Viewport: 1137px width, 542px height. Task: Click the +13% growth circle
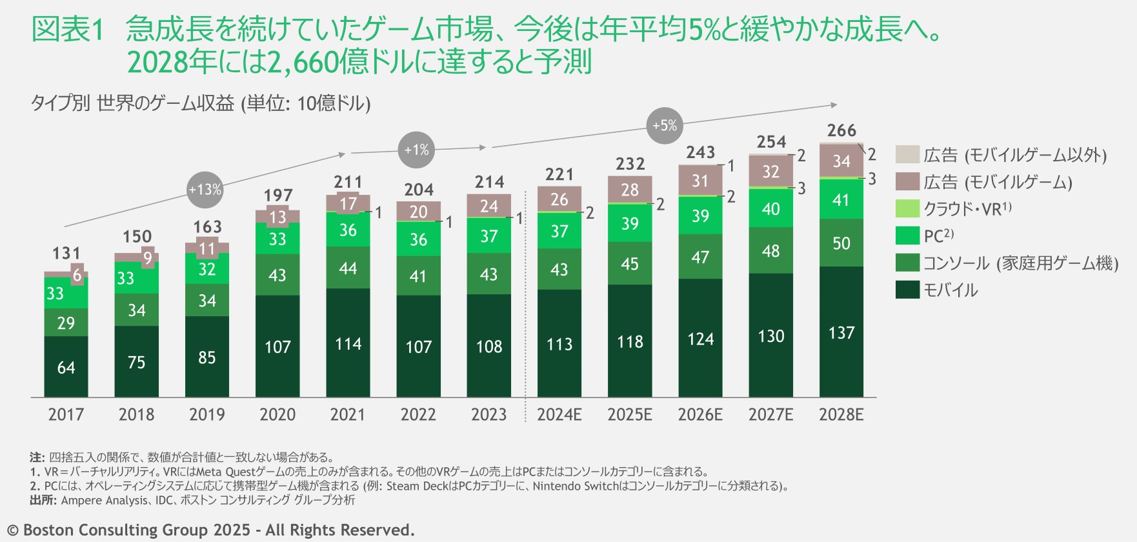tap(205, 190)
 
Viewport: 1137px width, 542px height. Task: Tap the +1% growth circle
tap(416, 150)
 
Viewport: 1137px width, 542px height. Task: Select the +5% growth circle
tap(665, 125)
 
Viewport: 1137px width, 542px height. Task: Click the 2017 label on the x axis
tap(66, 414)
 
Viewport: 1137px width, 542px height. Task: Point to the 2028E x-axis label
tap(841, 414)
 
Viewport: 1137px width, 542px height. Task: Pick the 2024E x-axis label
tap(559, 414)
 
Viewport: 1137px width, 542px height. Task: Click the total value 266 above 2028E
tap(841, 130)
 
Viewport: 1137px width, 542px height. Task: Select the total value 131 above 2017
tap(66, 253)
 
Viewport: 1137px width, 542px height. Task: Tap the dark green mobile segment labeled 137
tap(841, 332)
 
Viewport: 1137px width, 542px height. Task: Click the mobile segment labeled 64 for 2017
tap(66, 367)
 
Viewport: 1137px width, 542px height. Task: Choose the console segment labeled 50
tap(841, 243)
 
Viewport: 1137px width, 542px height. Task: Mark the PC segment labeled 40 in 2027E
tap(770, 208)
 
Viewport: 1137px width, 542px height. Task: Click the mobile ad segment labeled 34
tap(841, 161)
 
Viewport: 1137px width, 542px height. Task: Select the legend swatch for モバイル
tap(907, 290)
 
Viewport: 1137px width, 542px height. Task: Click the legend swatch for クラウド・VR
tap(907, 208)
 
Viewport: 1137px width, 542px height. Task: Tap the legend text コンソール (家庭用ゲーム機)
tap(1020, 263)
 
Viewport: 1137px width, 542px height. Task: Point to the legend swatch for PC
tap(907, 236)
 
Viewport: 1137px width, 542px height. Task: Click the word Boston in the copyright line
tap(49, 530)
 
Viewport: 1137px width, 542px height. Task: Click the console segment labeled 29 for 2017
tap(66, 323)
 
